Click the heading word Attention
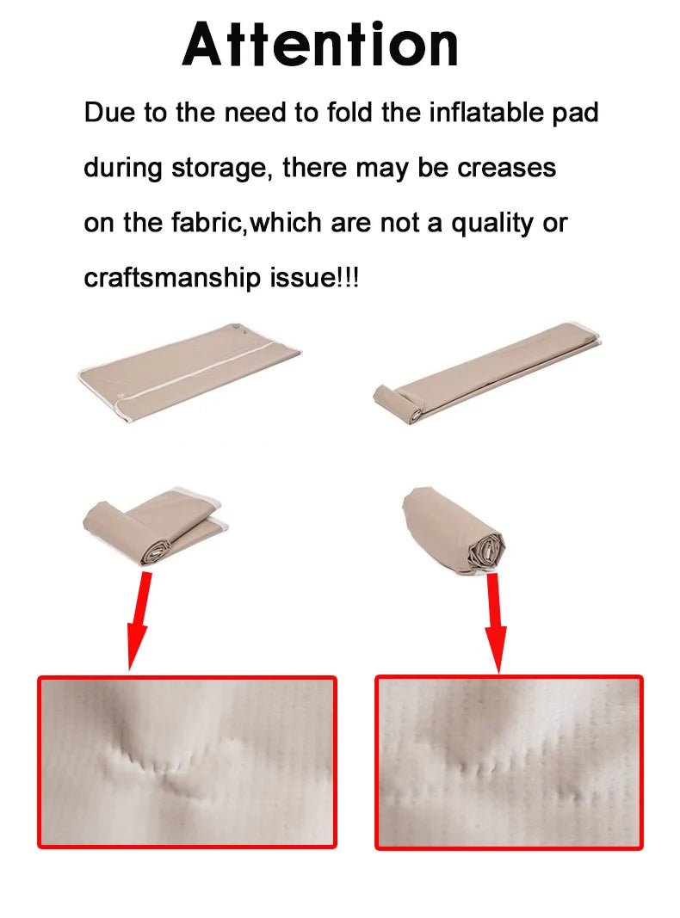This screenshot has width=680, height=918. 320,45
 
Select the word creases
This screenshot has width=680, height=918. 507,168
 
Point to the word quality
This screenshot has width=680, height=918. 492,224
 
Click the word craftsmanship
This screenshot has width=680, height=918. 172,278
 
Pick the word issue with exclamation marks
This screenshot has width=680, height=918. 314,277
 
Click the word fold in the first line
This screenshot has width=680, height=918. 349,112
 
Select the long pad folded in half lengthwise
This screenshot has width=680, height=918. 487,373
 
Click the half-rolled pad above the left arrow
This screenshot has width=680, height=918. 155,527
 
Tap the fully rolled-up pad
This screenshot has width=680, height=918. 454,529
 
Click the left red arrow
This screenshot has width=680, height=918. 139,620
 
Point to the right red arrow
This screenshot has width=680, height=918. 496,623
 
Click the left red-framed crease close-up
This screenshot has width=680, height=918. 188,761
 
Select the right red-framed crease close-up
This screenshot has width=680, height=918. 509,762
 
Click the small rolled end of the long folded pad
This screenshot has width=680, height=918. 399,403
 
